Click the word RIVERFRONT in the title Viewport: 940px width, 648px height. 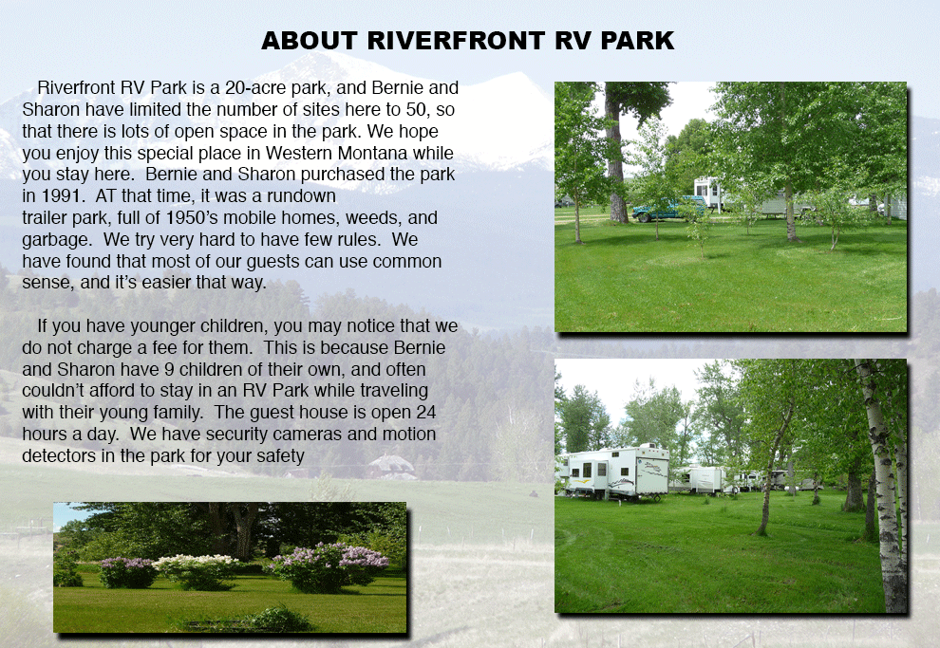[456, 41]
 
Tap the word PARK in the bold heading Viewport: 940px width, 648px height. [637, 41]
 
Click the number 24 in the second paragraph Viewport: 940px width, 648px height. [425, 413]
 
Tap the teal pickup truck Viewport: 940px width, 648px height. [667, 209]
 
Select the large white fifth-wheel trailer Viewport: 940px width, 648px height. [615, 472]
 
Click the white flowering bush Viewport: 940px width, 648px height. [197, 570]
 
